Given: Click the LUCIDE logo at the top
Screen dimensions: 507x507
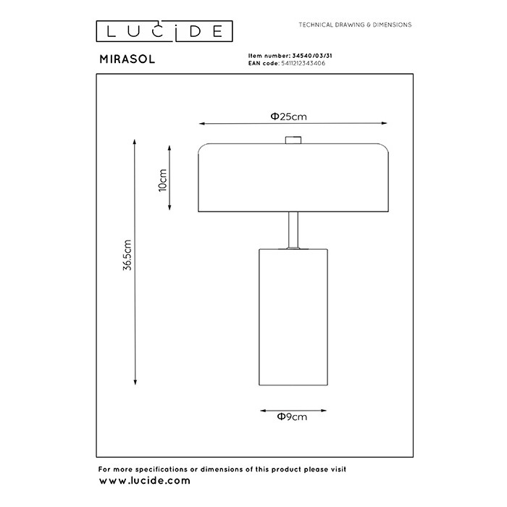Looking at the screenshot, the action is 164,31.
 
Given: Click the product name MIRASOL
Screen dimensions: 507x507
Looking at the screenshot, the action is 127,59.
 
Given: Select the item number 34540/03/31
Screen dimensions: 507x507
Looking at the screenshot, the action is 312,56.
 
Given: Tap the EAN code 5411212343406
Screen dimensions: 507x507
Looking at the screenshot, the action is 303,63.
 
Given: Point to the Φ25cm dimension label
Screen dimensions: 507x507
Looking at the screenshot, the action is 288,117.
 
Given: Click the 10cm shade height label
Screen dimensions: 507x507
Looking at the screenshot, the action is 163,180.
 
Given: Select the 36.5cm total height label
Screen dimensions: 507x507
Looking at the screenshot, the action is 127,255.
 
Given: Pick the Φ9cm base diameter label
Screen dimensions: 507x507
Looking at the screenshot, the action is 292,416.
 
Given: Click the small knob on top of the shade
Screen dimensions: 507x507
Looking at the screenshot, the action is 293,140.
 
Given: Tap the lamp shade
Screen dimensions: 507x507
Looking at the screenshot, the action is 293,177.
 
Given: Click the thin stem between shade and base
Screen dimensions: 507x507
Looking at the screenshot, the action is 293,230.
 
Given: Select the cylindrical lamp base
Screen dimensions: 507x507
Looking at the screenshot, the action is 293,317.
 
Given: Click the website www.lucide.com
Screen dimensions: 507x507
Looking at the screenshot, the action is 145,480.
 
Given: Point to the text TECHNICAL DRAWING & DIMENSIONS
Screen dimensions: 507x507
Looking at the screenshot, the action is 355,25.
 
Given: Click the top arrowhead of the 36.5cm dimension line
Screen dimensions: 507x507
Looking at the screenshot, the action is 135,142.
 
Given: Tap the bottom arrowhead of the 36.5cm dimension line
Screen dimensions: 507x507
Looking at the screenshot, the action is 135,382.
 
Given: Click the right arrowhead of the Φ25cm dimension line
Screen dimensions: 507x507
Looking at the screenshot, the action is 384,123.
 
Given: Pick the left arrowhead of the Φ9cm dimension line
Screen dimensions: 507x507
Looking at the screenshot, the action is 263,411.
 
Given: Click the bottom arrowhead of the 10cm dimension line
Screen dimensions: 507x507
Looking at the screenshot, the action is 169,207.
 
